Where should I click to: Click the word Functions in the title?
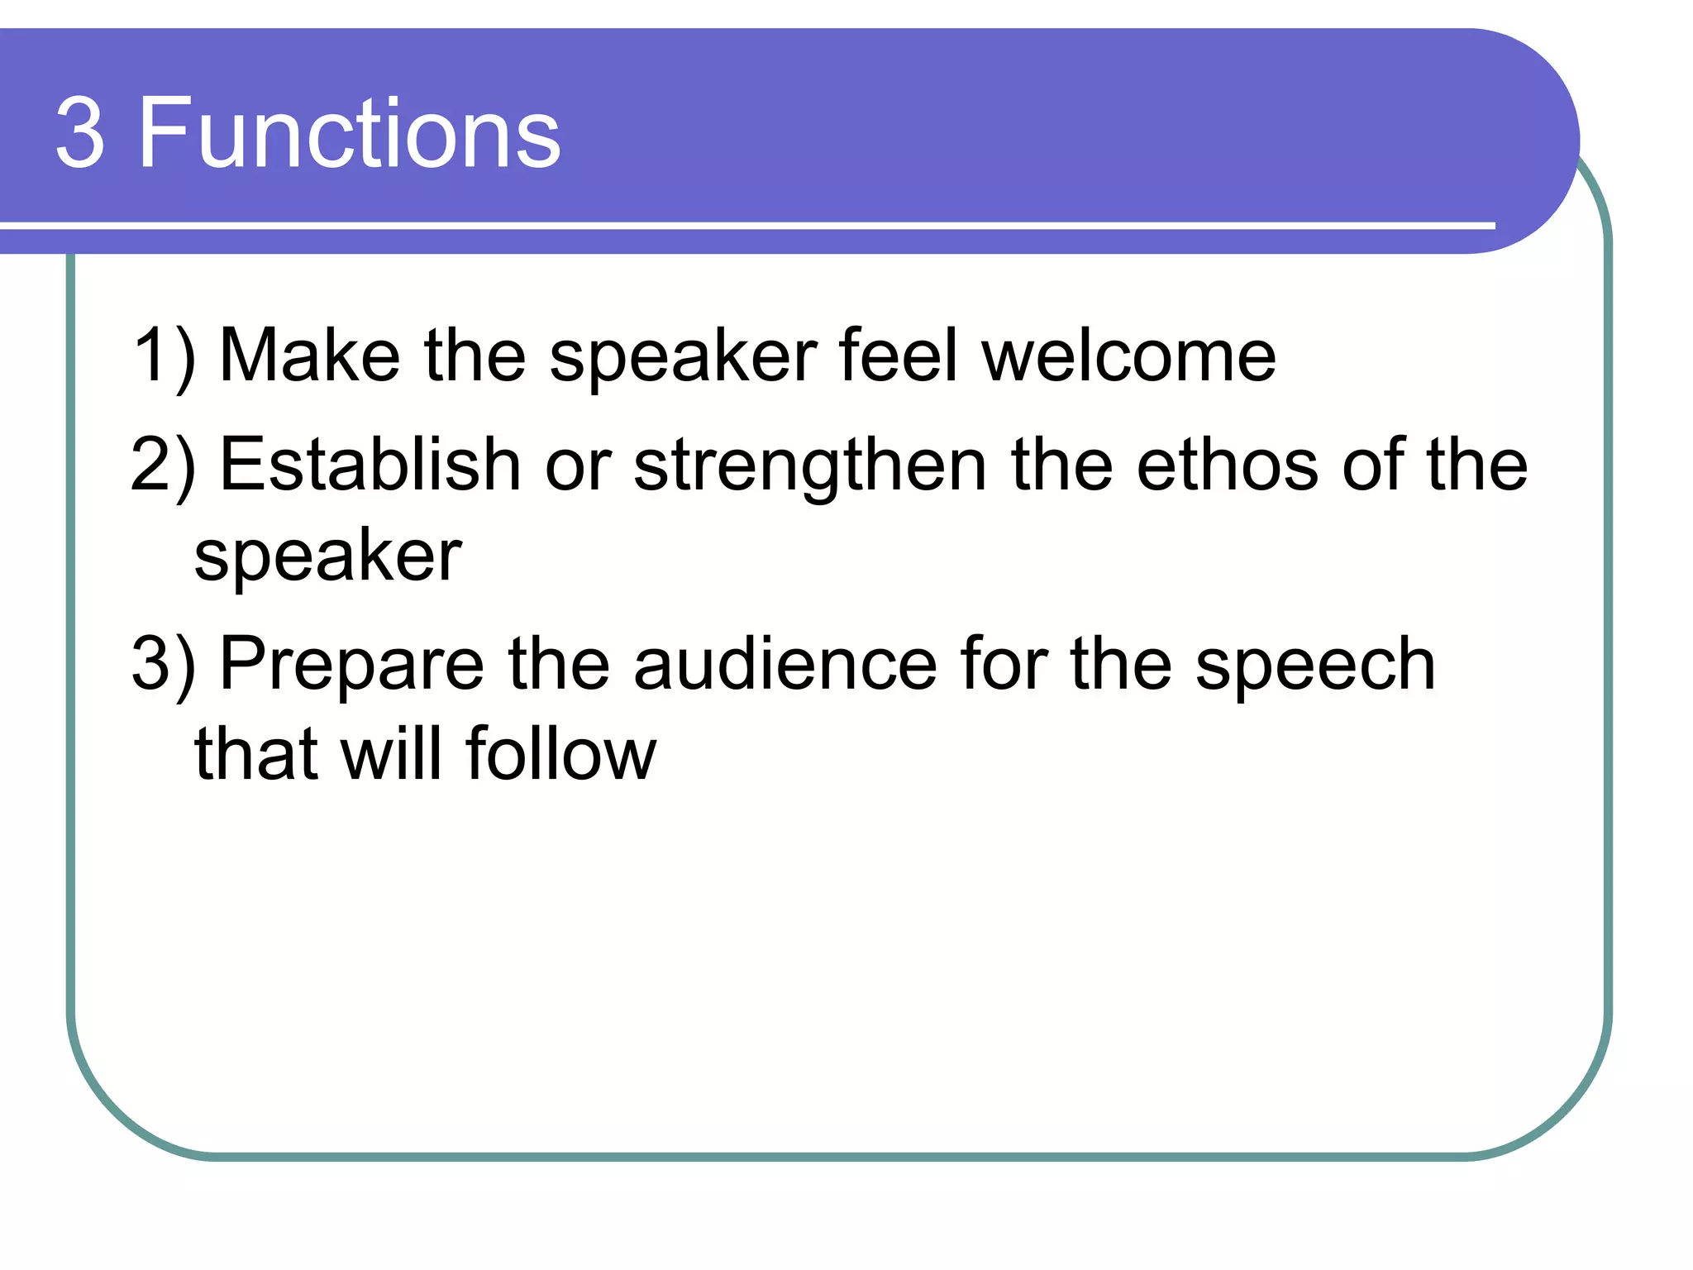[x=349, y=133]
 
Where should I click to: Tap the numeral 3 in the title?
[x=80, y=135]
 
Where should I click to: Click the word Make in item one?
[x=310, y=355]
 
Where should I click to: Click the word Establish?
[x=370, y=465]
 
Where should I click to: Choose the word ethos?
[x=1228, y=465]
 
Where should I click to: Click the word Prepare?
[x=351, y=666]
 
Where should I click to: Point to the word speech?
[x=1314, y=666]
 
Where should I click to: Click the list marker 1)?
[x=164, y=356]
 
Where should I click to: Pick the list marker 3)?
[x=164, y=665]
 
